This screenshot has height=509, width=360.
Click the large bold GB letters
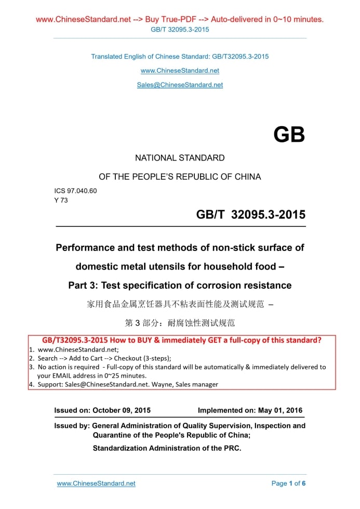coord(289,135)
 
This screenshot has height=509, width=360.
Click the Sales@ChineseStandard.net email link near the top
coord(180,85)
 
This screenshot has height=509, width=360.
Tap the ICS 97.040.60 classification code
coord(72,191)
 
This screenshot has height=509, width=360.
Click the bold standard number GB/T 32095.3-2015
coord(250,215)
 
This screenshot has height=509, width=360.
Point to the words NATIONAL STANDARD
coord(180,158)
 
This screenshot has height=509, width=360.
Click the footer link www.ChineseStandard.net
coord(96,484)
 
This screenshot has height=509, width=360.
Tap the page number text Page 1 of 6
coord(288,484)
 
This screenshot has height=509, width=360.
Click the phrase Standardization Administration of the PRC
coord(167,448)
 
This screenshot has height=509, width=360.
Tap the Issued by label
coord(72,426)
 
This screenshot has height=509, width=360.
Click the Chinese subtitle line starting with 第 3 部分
coord(180,323)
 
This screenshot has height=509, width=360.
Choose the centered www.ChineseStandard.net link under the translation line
coord(180,71)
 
